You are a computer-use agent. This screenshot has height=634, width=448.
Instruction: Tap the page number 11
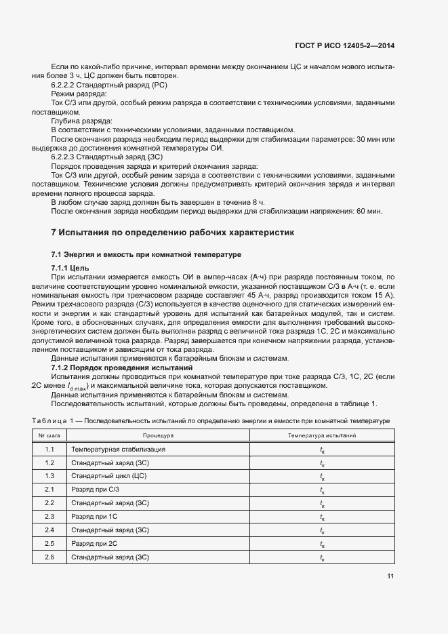tap(390, 576)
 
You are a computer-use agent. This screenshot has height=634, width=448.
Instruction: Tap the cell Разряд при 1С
tap(94, 517)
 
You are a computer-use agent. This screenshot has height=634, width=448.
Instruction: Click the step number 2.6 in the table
tap(49, 557)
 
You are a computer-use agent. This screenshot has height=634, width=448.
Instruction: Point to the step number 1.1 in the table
tap(49, 450)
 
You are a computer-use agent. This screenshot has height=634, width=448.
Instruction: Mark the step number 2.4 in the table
tap(49, 530)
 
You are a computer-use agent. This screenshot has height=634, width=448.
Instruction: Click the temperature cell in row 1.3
tap(322, 476)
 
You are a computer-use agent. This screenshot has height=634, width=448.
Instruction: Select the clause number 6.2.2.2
tap(66, 85)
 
